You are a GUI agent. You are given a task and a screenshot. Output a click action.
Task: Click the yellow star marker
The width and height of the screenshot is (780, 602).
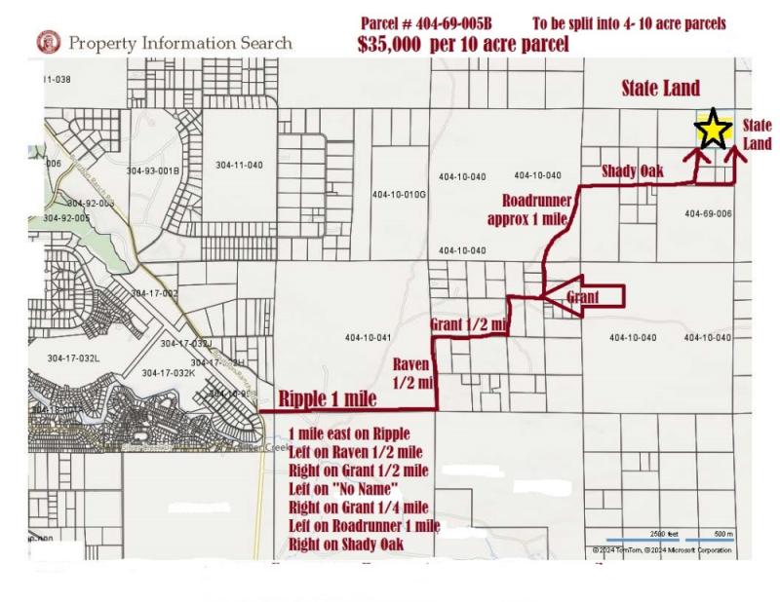pyautogui.click(x=713, y=130)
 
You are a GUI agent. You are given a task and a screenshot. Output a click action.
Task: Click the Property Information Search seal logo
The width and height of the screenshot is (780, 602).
pyautogui.click(x=44, y=42)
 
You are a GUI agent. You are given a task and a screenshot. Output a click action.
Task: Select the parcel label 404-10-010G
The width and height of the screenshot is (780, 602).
pyautogui.click(x=400, y=194)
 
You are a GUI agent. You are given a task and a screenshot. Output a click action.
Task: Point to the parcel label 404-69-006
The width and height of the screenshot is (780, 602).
pyautogui.click(x=708, y=213)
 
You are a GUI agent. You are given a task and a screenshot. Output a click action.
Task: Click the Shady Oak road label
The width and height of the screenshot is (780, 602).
pyautogui.click(x=632, y=171)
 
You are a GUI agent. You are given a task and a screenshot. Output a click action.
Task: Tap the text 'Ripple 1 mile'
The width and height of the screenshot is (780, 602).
pyautogui.click(x=328, y=398)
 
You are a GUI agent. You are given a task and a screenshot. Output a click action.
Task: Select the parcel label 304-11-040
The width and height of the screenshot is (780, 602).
pyautogui.click(x=239, y=165)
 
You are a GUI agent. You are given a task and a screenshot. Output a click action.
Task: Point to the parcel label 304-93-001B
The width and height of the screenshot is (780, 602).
pyautogui.click(x=153, y=170)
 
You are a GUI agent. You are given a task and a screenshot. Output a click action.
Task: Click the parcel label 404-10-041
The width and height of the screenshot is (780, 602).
pyautogui.click(x=368, y=338)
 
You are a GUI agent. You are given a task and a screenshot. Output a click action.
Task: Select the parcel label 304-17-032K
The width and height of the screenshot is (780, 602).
pyautogui.click(x=168, y=373)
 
